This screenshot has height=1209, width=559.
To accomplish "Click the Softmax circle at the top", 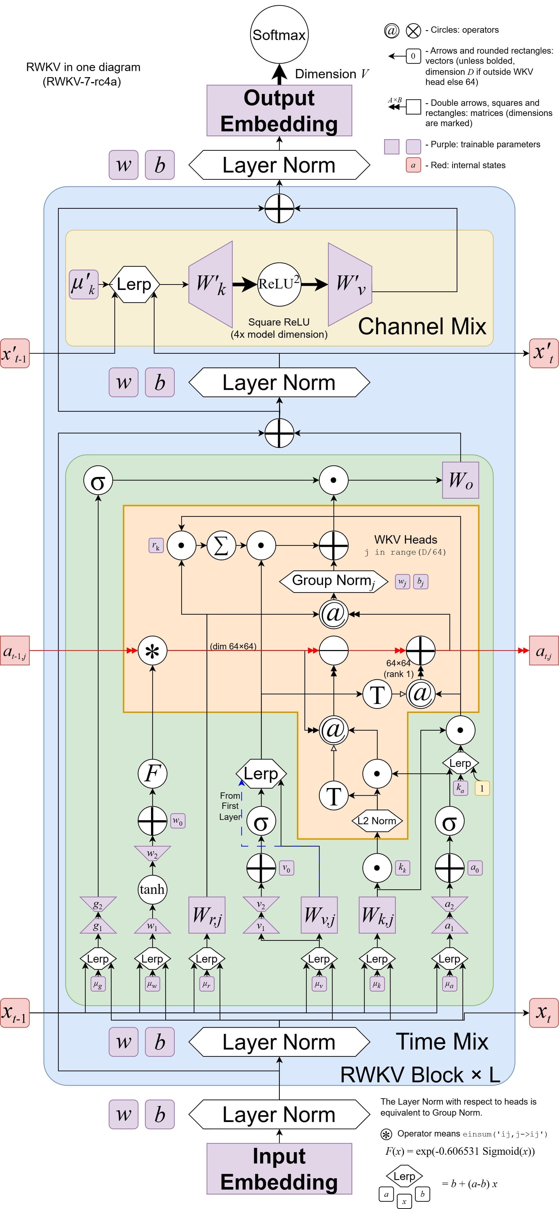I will (x=279, y=34).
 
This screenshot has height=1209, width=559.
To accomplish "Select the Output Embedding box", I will (x=279, y=111).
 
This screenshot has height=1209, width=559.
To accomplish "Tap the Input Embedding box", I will (x=279, y=1169).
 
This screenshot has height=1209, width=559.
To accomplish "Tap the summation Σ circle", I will (x=221, y=545).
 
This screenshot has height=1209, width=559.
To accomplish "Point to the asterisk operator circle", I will (x=153, y=651).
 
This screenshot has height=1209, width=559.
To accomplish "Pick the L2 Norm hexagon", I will (x=377, y=821).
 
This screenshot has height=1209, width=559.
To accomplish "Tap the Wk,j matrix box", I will (x=377, y=915).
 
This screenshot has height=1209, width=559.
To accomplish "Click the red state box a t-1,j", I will (x=14, y=651).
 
